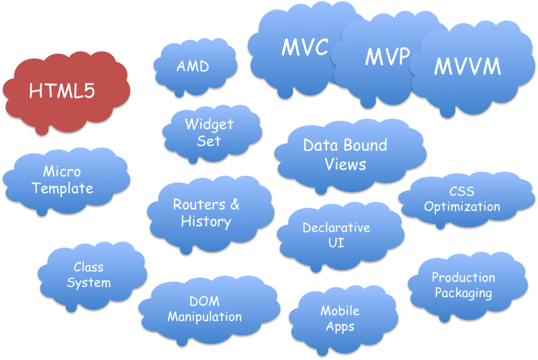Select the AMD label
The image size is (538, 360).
(192, 67)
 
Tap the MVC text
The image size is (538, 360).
(305, 48)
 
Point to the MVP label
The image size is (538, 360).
(387, 57)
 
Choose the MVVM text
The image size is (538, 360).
(468, 67)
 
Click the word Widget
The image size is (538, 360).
(209, 125)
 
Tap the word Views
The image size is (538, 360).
(345, 164)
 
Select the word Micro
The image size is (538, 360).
(62, 172)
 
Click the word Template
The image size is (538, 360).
(63, 188)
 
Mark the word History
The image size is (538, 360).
(206, 221)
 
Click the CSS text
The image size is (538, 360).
(462, 191)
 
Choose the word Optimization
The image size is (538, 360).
(462, 207)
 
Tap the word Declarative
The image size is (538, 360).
(336, 228)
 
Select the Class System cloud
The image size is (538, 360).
(89, 274)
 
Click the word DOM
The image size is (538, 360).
(204, 302)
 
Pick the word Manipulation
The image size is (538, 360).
(204, 317)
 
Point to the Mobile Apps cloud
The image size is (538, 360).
(340, 318)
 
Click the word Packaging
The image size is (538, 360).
(463, 293)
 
